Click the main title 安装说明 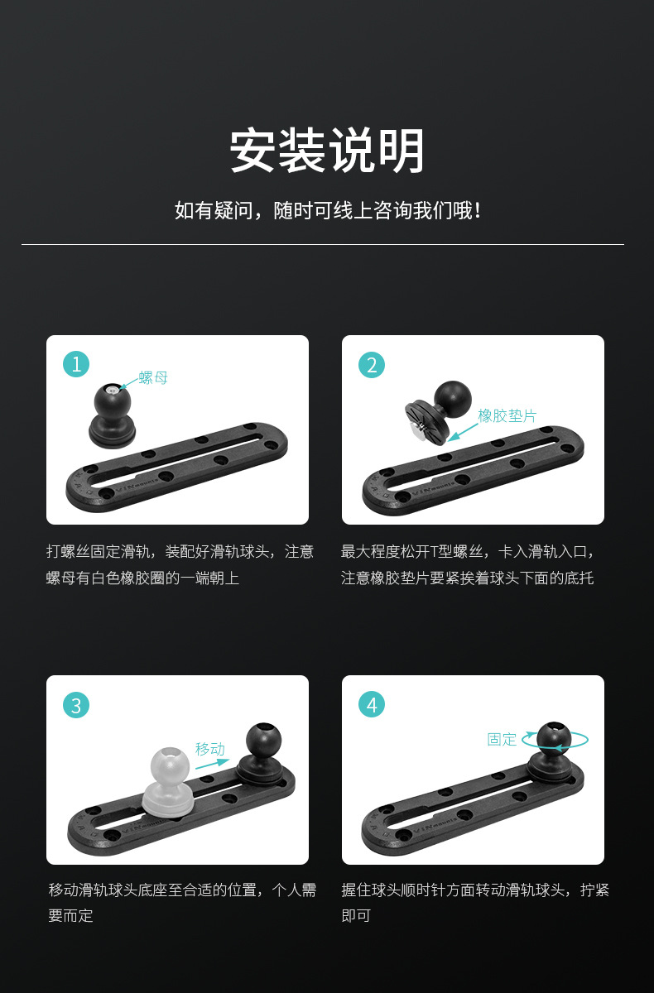pos(327,151)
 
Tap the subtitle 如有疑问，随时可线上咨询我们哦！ pos(327,211)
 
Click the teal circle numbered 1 pos(76,364)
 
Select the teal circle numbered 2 pos(372,364)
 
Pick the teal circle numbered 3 pos(76,705)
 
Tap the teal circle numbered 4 pos(372,705)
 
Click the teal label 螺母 pos(153,378)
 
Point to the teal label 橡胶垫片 pos(507,416)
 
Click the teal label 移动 pos(209,749)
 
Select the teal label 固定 pos(502,739)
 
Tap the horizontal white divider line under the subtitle pos(323,244)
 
